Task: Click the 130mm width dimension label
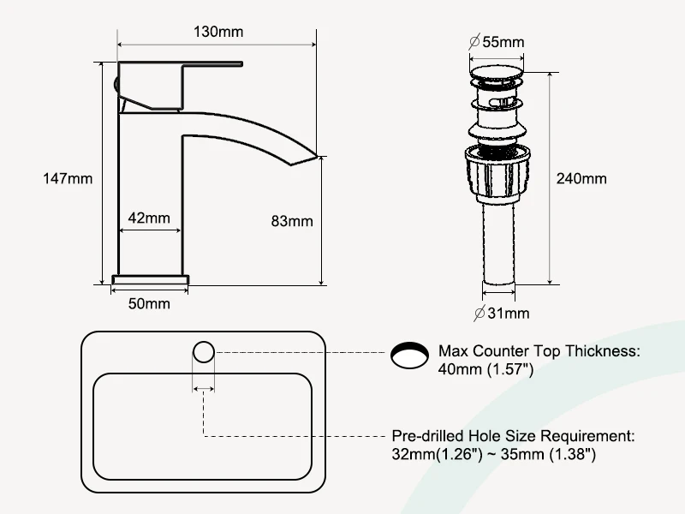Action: click(218, 32)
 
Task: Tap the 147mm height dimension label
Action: click(68, 179)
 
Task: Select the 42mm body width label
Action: click(149, 218)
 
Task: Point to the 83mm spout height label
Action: click(292, 221)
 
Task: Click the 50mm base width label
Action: click(149, 303)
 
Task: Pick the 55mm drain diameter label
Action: click(497, 42)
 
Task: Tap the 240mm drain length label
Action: click(581, 179)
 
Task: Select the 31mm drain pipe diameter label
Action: click(502, 313)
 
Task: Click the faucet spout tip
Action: click(315, 155)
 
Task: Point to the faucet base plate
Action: click(151, 280)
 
